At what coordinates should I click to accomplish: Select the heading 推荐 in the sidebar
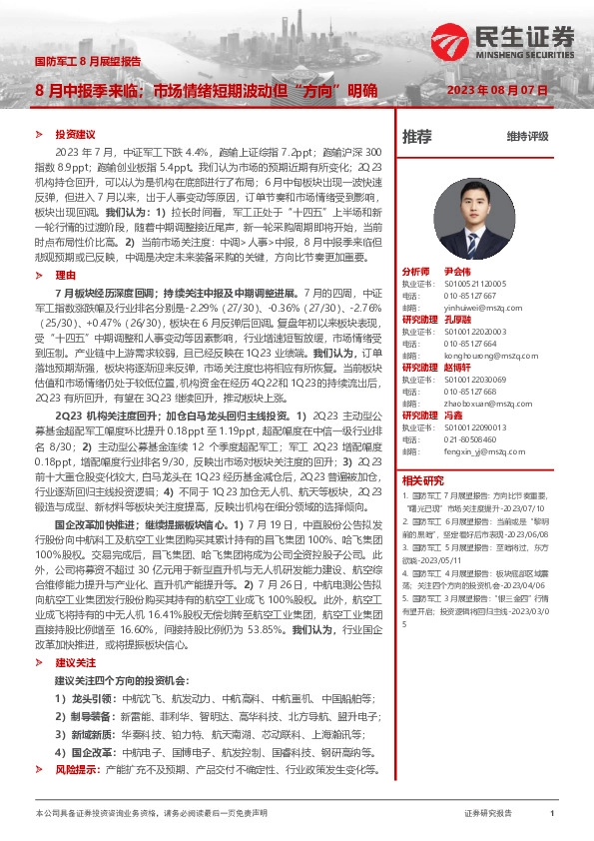click(x=417, y=136)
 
